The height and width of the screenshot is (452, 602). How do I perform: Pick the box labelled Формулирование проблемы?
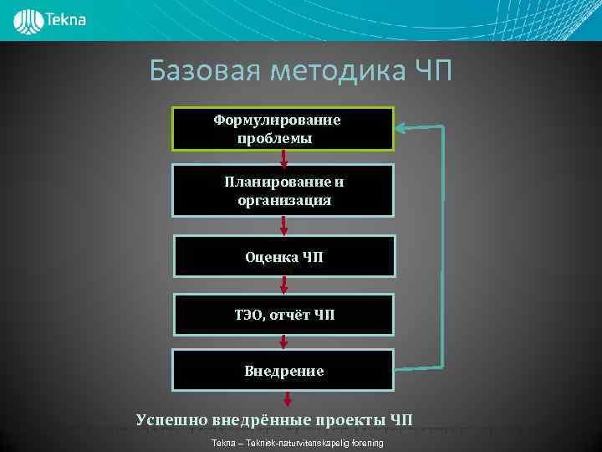click(x=283, y=129)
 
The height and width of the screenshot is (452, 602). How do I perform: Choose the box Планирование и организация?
click(x=283, y=191)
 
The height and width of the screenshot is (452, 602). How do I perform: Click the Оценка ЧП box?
click(x=283, y=257)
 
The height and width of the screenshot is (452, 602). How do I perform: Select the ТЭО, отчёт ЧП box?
click(x=283, y=314)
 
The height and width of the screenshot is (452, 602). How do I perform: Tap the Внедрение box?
click(x=283, y=370)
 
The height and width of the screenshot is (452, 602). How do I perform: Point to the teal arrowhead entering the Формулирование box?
click(x=400, y=128)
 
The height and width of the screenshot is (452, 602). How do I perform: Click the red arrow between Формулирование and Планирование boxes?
click(x=284, y=158)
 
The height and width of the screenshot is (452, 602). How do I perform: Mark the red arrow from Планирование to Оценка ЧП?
click(x=284, y=224)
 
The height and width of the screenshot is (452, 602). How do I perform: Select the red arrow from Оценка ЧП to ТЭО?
click(x=284, y=285)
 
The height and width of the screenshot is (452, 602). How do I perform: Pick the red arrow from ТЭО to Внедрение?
click(x=284, y=341)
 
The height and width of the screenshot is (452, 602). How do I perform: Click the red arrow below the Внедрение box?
click(x=284, y=399)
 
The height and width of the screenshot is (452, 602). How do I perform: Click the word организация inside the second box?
click(x=283, y=201)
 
